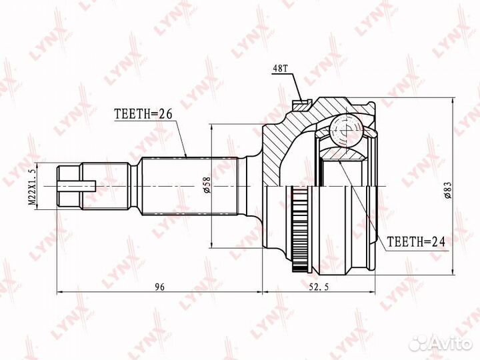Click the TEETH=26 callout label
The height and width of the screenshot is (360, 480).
point(143,113)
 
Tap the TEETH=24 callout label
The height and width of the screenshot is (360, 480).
point(416,242)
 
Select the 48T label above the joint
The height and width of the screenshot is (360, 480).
point(280,69)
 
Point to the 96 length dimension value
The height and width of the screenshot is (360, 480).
point(159,287)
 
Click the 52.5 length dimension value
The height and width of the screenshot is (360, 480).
point(318,287)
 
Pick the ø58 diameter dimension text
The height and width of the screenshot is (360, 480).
point(207,185)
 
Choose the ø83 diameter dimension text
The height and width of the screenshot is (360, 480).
point(448,191)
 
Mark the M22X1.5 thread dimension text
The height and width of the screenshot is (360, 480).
point(32,187)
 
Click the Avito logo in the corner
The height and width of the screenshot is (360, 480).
point(441,343)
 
